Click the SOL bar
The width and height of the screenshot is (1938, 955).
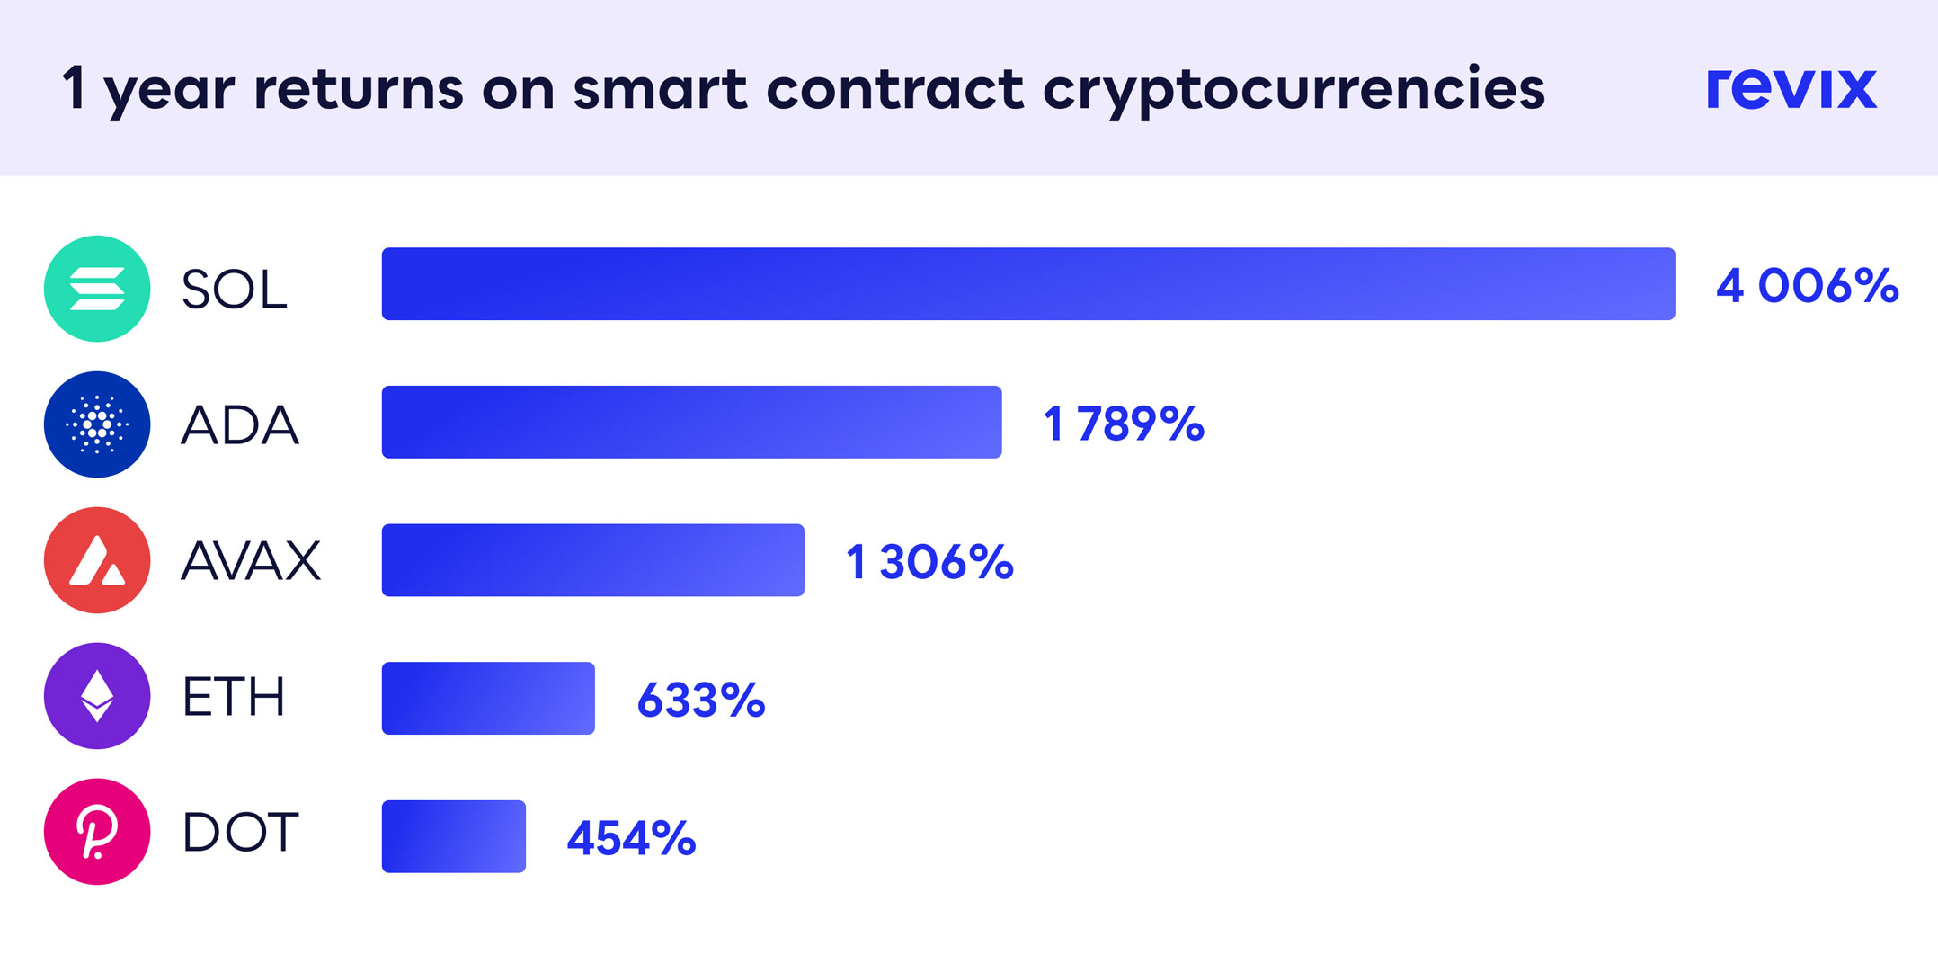1027,283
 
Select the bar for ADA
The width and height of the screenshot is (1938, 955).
691,422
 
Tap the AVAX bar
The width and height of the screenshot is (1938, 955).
592,559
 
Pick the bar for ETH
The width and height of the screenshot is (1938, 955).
488,698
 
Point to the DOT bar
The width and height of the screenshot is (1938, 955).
453,835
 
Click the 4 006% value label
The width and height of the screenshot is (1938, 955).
1807,286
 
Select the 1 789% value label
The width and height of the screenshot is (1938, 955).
1124,424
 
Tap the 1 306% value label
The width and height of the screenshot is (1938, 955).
929,562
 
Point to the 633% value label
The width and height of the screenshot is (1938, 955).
700,701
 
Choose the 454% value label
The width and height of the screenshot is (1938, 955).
631,838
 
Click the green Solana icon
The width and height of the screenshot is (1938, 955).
97,289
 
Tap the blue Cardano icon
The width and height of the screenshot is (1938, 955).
97,424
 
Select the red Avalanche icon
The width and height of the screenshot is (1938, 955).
97,560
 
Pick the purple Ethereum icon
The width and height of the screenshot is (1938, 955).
97,696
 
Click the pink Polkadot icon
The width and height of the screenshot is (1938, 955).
97,832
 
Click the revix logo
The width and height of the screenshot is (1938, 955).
1791,88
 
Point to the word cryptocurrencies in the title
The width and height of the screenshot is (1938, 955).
1293,90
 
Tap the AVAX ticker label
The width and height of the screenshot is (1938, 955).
251,560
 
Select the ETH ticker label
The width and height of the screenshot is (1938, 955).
234,697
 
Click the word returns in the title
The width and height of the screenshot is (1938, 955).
360,90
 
